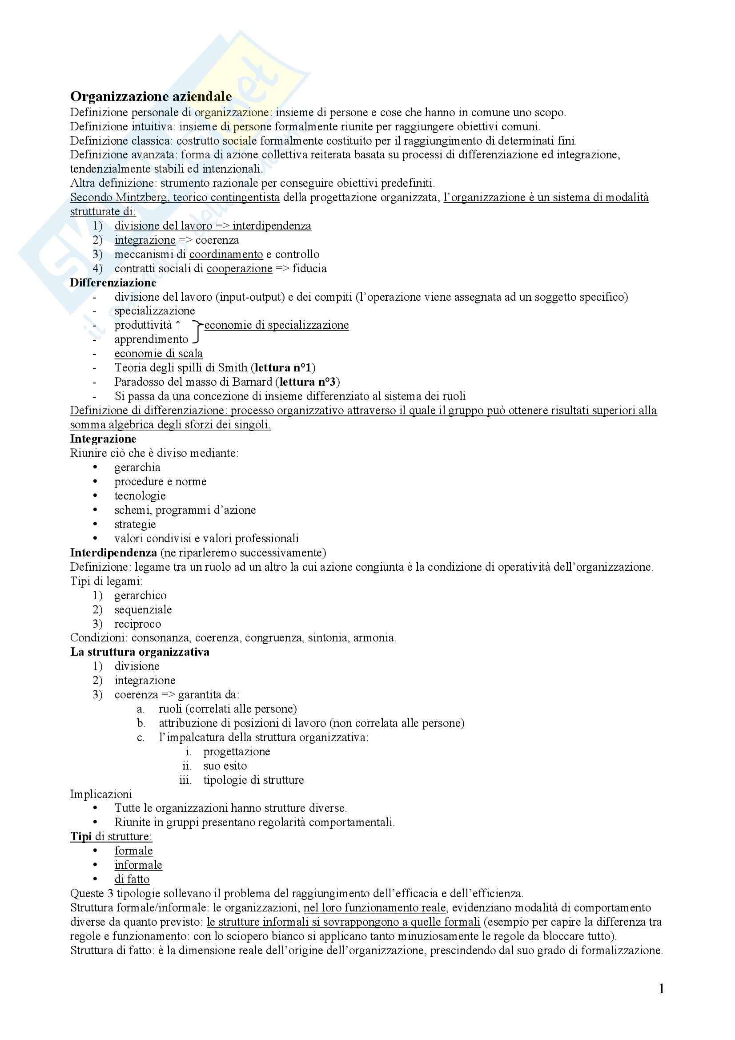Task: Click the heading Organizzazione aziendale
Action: [x=151, y=97]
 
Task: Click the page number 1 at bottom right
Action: [x=661, y=989]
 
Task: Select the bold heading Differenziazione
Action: [x=113, y=282]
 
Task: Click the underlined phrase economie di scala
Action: [x=158, y=354]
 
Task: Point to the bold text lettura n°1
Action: [x=283, y=368]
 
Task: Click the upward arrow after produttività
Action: [x=178, y=325]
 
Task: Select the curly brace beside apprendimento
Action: [x=196, y=332]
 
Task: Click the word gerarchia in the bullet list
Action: [x=137, y=467]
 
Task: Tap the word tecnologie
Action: [x=140, y=496]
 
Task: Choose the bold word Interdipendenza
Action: [x=113, y=552]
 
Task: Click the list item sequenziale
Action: [x=143, y=610]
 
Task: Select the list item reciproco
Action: [x=138, y=624]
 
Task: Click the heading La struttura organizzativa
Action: [x=140, y=652]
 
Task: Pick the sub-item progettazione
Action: [x=237, y=751]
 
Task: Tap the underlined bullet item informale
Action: [x=138, y=865]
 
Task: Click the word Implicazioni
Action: [x=101, y=794]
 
